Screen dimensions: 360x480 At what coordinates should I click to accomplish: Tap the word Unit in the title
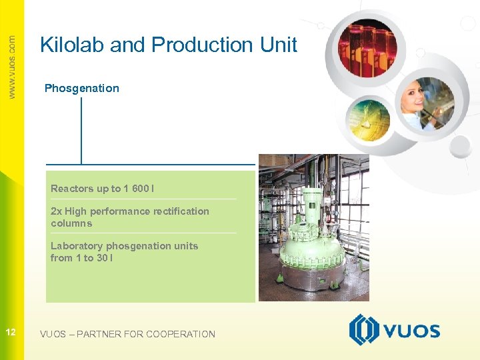tap(278, 45)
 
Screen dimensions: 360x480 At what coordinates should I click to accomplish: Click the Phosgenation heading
tap(81, 88)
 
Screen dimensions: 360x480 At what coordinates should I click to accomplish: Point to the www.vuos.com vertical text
tap(12, 67)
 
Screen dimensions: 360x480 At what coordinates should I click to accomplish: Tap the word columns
tap(71, 223)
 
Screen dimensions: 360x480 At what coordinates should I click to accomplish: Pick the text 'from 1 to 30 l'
tap(81, 258)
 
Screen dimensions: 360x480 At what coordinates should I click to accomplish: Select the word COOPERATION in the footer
tap(180, 334)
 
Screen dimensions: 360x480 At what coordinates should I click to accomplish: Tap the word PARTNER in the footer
tap(99, 334)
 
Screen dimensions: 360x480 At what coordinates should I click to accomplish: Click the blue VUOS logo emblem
tap(364, 330)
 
